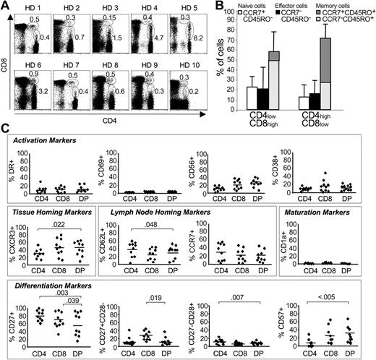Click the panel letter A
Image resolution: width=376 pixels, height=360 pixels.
click(5, 6)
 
